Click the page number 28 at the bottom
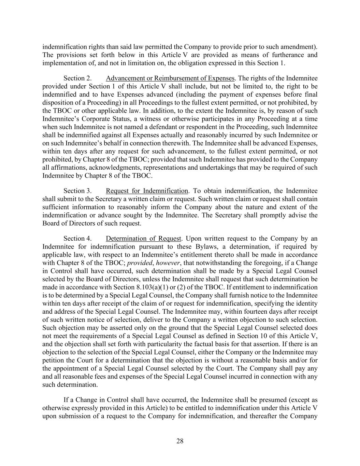point(180,441)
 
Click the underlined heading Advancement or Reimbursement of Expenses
point(170,78)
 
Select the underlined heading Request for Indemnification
point(147,191)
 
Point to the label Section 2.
point(77,78)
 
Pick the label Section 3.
point(77,191)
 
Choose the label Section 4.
point(77,239)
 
